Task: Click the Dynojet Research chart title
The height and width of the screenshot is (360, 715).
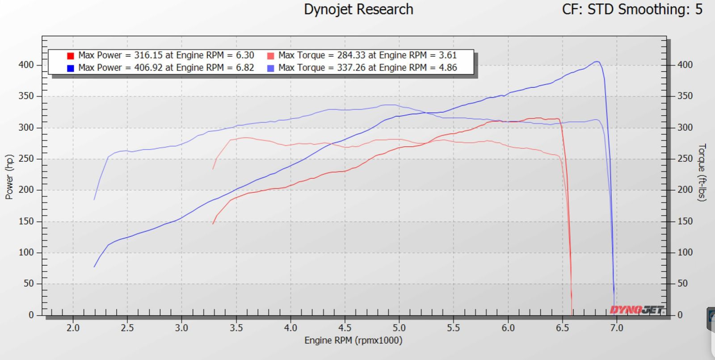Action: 358,9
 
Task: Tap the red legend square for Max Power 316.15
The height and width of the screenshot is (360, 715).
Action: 71,56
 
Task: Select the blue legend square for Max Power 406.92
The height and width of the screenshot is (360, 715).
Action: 71,68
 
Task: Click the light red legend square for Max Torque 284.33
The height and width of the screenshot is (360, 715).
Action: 270,56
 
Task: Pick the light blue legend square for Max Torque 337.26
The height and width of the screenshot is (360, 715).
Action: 270,68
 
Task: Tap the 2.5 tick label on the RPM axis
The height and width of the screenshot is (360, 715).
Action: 127,328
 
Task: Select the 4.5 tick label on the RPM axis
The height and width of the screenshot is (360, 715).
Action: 345,328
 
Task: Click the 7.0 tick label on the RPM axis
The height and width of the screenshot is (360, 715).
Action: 617,328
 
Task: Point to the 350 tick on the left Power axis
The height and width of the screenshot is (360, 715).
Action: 26,96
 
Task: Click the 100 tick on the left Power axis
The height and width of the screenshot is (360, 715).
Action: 26,252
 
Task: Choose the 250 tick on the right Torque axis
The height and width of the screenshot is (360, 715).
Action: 685,159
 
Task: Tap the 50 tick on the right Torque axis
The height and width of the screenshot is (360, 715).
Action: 682,284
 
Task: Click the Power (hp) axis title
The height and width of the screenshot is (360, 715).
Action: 9,177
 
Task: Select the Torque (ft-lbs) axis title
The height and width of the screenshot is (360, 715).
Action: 702,172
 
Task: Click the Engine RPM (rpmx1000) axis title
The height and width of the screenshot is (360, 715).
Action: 353,341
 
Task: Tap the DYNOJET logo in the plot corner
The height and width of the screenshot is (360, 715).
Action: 637,310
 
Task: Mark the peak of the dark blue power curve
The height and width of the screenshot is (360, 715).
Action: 597,62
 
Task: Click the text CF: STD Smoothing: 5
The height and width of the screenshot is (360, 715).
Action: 632,9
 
